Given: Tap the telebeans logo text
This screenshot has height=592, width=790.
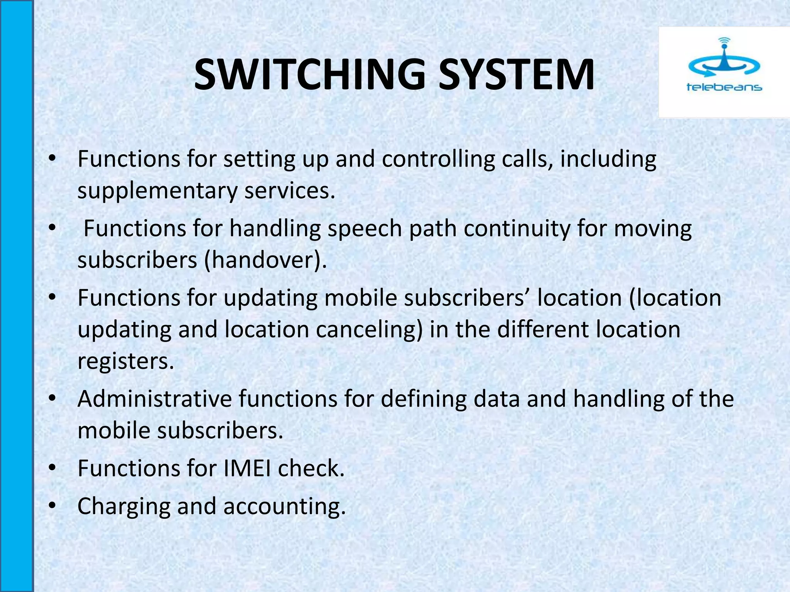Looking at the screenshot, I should point(724,87).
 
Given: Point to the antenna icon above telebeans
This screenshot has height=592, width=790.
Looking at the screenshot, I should point(724,58).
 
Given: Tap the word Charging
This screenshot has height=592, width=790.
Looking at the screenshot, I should point(124,507).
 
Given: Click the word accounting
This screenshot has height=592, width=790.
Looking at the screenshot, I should point(284,507).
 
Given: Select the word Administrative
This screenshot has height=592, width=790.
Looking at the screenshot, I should point(154,399).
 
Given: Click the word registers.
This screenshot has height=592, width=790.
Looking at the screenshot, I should point(126,362).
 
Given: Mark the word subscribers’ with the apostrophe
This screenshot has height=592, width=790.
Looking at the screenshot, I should point(467,298).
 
